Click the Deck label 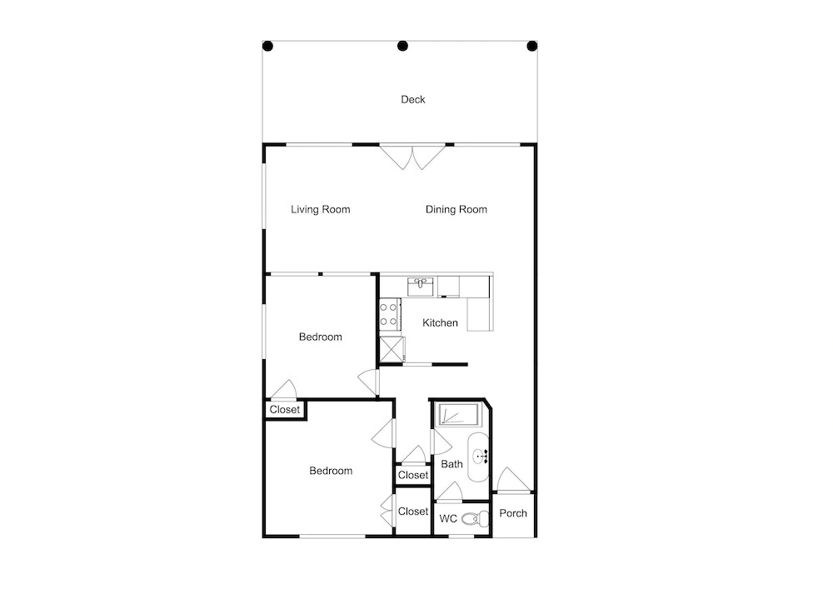click(x=413, y=99)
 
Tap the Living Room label click(x=321, y=209)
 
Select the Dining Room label click(x=456, y=209)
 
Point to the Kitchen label click(x=440, y=322)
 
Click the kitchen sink click(x=420, y=287)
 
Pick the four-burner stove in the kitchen click(x=389, y=314)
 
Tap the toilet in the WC click(x=475, y=518)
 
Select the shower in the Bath click(x=457, y=414)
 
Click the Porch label click(x=513, y=513)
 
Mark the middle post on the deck click(x=402, y=46)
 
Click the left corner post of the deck click(x=268, y=46)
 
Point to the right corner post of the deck click(x=531, y=46)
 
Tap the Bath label click(x=451, y=464)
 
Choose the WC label click(x=448, y=518)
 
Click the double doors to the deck click(x=412, y=157)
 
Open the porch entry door click(x=512, y=479)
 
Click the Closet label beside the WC click(x=413, y=511)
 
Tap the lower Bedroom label click(x=331, y=471)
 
